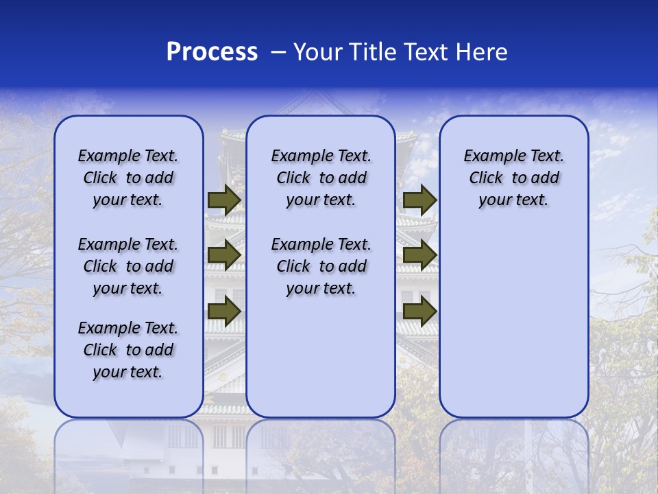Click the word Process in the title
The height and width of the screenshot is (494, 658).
tap(212, 52)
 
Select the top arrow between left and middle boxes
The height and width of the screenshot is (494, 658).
tap(223, 200)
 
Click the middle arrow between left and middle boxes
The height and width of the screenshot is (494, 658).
tap(223, 256)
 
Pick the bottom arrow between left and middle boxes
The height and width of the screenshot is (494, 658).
tap(223, 311)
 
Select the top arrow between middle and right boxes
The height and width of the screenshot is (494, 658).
tap(419, 200)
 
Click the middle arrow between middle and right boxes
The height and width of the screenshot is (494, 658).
tap(419, 256)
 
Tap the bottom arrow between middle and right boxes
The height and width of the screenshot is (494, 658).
tap(419, 311)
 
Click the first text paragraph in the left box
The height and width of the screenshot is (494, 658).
tap(128, 178)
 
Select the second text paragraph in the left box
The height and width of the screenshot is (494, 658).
tap(128, 266)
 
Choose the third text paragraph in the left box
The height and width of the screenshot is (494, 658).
tap(128, 350)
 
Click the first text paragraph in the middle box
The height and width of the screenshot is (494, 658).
tap(321, 178)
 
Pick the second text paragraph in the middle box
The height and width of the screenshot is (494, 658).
tap(321, 266)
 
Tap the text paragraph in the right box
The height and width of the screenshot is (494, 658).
tap(513, 178)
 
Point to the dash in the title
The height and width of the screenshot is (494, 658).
tap(278, 53)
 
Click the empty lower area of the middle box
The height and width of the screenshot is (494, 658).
tap(321, 357)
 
